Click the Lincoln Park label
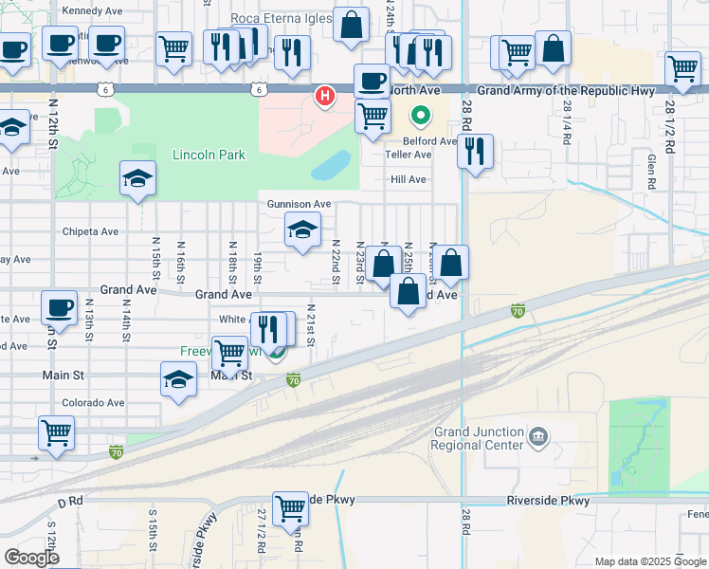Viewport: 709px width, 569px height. coord(209,155)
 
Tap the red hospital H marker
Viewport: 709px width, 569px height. coord(326,96)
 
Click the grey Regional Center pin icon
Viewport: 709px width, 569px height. coord(538,437)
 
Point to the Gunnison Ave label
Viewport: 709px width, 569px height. coord(299,204)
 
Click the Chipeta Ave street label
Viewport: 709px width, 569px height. coord(90,231)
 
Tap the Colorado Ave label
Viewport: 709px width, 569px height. coord(93,402)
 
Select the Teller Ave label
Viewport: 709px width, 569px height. coord(409,155)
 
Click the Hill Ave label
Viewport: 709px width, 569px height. coord(409,179)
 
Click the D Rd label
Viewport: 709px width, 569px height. coord(71,500)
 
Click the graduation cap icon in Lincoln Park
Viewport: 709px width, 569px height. coord(137,177)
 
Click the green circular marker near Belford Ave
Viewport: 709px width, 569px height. coord(420,116)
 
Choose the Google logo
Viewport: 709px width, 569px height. coord(31,558)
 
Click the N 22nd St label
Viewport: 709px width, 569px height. coord(336,260)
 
